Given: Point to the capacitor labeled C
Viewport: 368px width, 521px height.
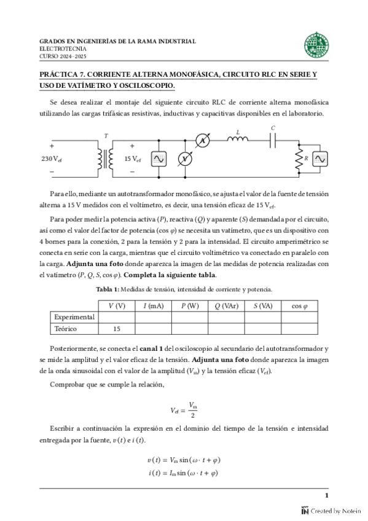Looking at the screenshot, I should tap(273, 141).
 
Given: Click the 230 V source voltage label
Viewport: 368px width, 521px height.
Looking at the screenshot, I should tap(52, 159).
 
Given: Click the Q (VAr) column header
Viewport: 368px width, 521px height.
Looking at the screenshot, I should tap(226, 305).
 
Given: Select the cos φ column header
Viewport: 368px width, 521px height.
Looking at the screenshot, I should tap(299, 305).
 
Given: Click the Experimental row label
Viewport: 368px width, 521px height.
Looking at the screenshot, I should tap(74, 317).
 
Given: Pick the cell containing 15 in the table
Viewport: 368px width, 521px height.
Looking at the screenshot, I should tap(117, 329).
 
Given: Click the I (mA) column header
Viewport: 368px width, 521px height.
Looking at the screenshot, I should tap(153, 305).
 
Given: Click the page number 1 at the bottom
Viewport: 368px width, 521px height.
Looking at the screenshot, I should tap(327, 496).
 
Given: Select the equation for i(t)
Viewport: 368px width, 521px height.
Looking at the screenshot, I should tap(184, 473).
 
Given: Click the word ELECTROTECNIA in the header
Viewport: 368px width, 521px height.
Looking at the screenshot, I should tap(63, 49).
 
